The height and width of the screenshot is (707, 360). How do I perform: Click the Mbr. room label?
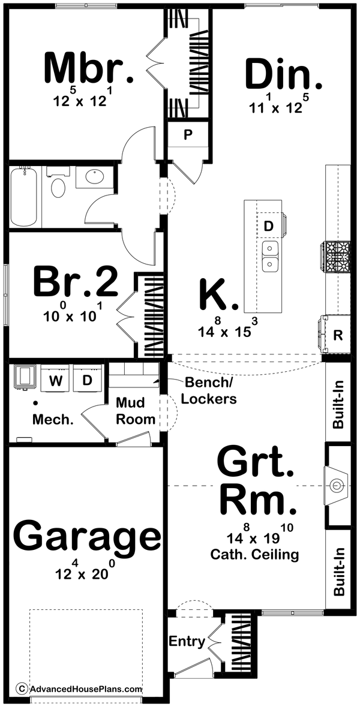88,70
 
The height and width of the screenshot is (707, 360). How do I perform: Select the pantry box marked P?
187,134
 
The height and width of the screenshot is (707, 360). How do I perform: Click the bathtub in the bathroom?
25,196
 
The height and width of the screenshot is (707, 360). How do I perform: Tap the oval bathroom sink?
94,177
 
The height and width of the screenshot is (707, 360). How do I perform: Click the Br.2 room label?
75,282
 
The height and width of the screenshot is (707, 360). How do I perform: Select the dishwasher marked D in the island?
269,225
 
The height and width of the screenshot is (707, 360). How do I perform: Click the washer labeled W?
55,380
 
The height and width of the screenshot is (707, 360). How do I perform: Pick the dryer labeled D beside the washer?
87,380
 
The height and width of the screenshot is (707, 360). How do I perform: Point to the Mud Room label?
135,411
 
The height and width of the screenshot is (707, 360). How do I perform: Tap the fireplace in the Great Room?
336,485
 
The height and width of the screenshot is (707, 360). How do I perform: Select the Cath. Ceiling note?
254,555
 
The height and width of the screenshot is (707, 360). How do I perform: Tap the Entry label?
187,641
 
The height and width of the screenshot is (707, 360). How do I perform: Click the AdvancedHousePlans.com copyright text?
80,689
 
